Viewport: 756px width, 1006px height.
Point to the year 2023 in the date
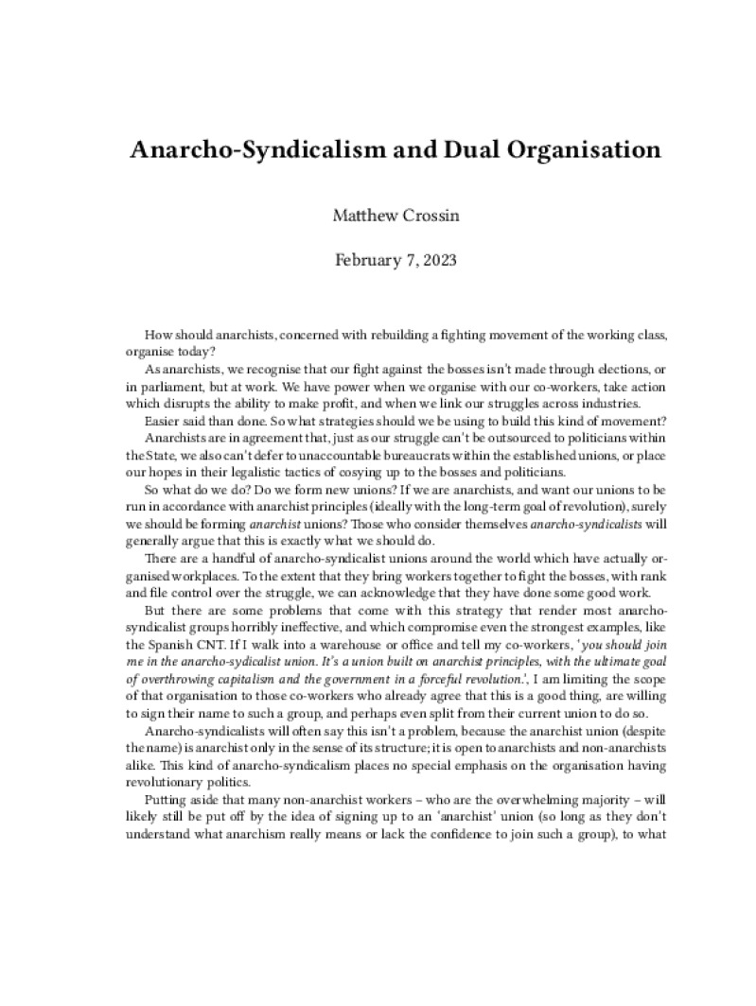(x=438, y=259)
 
